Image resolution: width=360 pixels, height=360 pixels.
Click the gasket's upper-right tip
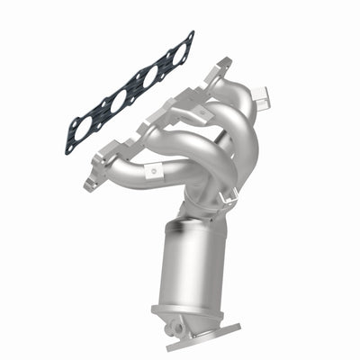coord(189,36)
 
